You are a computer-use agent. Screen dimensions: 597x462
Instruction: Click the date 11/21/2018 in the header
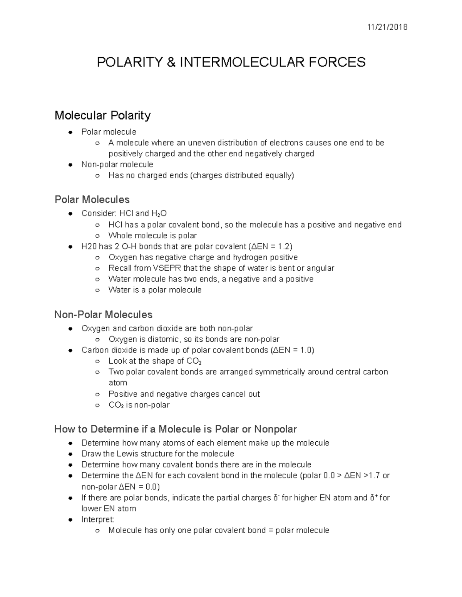tap(387, 27)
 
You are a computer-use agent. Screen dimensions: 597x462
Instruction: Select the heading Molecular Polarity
tap(102, 115)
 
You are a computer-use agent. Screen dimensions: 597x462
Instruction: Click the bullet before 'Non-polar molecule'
tap(70, 165)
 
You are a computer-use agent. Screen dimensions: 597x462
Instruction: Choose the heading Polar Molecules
tap(92, 200)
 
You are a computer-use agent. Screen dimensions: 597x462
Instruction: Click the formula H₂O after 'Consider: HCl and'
tap(159, 214)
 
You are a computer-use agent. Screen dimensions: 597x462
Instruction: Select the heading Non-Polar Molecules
tap(103, 315)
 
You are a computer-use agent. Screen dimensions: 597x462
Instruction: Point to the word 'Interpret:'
tap(98, 520)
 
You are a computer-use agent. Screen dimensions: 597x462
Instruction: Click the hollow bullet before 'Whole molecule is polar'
tap(98, 236)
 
